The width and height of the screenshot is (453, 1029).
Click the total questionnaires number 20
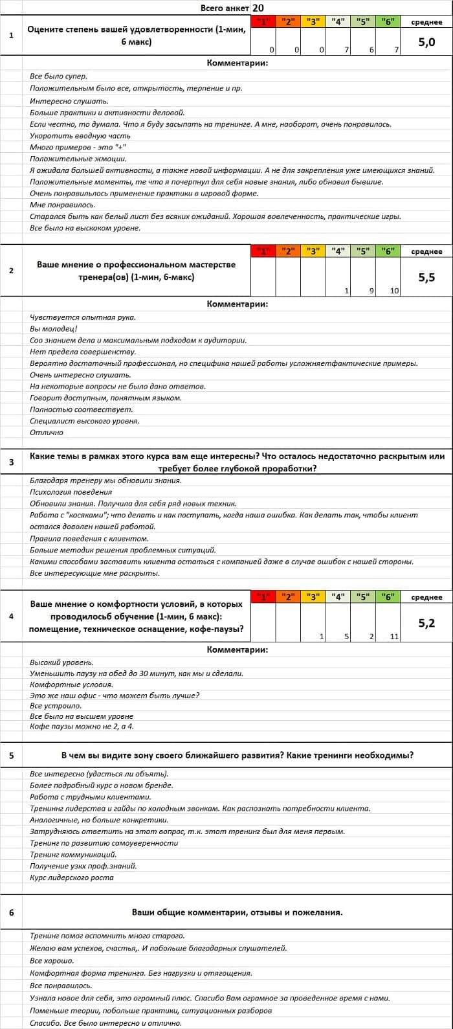258,8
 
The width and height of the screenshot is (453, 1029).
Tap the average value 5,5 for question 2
426,277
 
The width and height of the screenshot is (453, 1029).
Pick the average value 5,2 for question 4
426,623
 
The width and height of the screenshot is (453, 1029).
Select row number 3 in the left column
11,462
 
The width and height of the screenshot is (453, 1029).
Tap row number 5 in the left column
11,755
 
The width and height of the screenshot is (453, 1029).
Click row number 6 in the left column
11,912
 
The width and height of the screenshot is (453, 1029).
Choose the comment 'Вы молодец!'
54,329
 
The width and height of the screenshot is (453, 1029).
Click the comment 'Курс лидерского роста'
71,878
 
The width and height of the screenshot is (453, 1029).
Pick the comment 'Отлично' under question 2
47,433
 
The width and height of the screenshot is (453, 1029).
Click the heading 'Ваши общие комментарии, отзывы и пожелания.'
237,912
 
